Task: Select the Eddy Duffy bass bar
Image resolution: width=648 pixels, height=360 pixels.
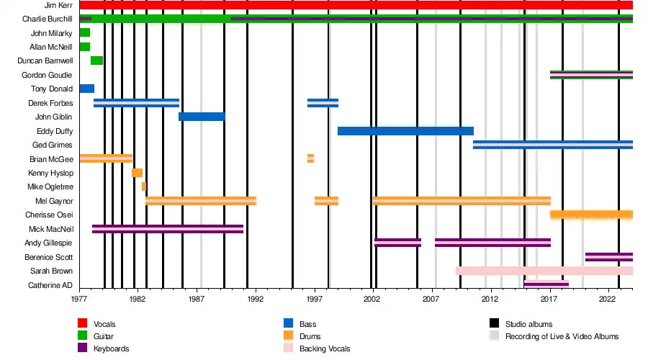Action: (x=405, y=131)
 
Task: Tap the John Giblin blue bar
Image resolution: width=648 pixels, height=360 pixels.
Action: (x=202, y=117)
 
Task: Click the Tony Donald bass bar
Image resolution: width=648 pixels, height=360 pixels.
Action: (x=86, y=89)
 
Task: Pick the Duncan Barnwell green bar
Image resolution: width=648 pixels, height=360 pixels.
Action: (x=96, y=60)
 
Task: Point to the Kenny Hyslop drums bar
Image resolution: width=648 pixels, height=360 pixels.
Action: (x=137, y=173)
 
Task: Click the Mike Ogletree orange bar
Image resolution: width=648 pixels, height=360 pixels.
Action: (x=143, y=186)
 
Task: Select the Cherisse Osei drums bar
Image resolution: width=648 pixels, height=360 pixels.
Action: (x=591, y=215)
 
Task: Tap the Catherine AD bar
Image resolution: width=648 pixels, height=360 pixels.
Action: (x=546, y=284)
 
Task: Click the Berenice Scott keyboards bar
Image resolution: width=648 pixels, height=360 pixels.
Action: (x=609, y=256)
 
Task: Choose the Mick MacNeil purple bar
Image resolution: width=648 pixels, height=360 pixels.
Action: (x=168, y=229)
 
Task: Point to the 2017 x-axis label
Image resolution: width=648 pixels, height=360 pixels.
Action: (x=549, y=297)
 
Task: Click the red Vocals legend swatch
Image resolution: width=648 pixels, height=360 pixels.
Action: (x=83, y=324)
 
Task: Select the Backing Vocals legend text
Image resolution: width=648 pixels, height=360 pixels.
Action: (x=324, y=348)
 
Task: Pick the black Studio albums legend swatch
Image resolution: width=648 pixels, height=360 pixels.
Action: (x=493, y=324)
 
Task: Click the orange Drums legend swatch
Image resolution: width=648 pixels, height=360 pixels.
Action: (x=289, y=336)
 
